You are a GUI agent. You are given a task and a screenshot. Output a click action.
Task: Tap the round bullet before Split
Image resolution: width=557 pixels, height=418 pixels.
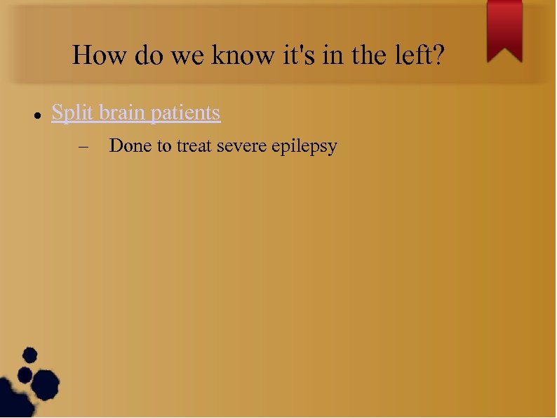35,114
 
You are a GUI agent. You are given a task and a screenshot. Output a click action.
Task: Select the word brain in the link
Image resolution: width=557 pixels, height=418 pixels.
125,112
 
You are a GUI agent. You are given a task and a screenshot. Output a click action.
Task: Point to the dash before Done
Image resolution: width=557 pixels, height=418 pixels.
85,148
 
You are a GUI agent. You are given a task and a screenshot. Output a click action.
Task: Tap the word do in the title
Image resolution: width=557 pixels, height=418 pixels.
149,55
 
